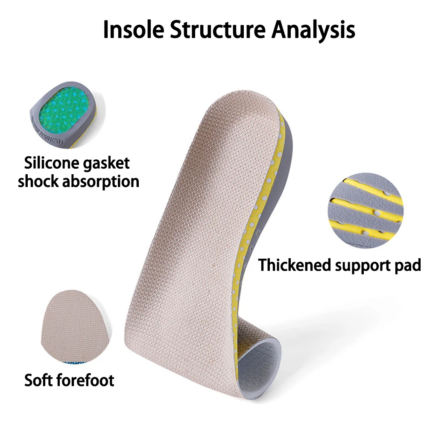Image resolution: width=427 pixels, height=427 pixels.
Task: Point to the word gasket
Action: coord(106,164)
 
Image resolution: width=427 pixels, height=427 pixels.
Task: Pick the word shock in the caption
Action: coord(38,181)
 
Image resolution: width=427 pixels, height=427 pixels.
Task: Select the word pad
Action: coord(408,266)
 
